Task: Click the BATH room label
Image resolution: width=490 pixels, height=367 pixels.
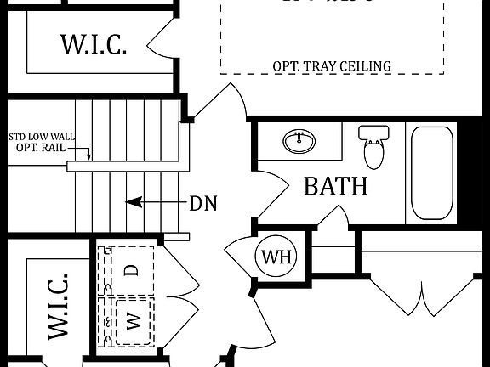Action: pos(335,186)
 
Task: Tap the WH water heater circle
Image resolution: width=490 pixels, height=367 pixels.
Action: pos(275,257)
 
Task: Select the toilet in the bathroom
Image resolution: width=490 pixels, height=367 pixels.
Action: pos(373,147)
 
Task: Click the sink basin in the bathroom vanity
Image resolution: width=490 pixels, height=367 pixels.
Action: pos(297,142)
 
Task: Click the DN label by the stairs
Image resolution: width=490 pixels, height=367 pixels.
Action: pos(203,203)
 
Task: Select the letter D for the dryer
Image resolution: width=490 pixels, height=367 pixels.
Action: pos(132,270)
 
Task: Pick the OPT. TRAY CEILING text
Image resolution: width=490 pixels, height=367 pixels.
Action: pos(332,65)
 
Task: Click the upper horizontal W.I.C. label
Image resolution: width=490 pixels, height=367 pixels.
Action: pos(94,43)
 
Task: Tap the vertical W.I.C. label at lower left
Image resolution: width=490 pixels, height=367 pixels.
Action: pos(56,308)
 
